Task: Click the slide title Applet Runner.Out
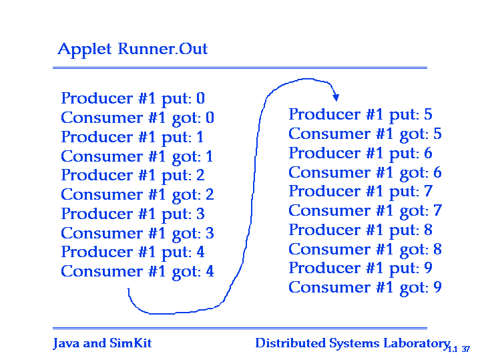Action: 133,49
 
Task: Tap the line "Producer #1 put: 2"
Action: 133,176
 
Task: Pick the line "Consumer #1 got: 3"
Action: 138,234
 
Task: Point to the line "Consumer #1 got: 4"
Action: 138,272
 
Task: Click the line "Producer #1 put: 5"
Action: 361,115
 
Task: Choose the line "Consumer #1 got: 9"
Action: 365,288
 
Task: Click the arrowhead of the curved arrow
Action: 336,98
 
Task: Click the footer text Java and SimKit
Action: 102,343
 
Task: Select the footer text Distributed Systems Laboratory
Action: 352,343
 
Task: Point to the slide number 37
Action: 466,349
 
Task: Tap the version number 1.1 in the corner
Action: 453,349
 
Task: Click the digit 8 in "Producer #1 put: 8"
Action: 429,230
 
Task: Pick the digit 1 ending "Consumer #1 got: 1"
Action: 210,156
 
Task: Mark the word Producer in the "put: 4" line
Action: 97,252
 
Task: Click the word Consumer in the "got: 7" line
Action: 329,211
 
